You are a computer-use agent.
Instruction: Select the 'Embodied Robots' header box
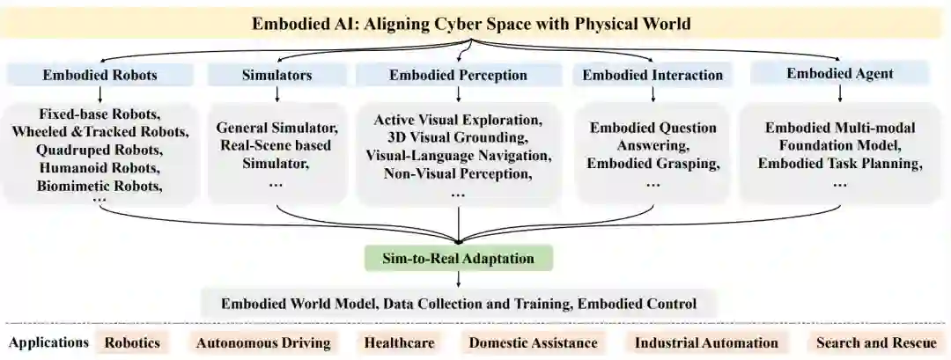tap(100, 75)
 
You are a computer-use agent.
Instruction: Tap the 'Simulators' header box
tap(276, 75)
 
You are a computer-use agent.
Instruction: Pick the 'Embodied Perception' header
tap(458, 75)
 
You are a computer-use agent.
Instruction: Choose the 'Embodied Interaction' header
tap(652, 75)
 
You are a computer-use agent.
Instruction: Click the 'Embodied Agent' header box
tap(839, 73)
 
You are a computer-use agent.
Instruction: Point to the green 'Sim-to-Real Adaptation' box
tap(458, 258)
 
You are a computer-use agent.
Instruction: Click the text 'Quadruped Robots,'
tap(100, 150)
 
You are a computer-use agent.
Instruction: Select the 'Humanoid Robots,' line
tap(100, 167)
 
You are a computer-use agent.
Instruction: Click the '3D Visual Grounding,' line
tap(458, 137)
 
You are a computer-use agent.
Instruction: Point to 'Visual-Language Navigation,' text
tap(458, 155)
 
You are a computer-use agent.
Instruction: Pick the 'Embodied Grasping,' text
tap(652, 163)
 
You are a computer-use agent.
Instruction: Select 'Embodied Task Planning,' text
tap(839, 163)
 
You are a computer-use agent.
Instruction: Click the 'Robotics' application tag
tap(133, 342)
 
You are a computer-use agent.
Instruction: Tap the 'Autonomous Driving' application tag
tap(263, 342)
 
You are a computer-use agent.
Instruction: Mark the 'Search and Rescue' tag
tap(876, 342)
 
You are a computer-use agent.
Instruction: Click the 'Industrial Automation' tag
tap(706, 342)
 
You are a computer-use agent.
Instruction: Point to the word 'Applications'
tap(49, 342)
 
